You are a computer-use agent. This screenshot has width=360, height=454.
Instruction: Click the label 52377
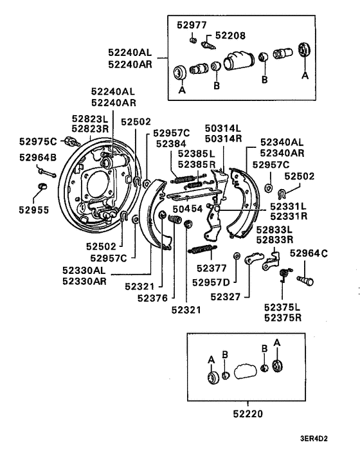[x=208, y=268]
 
